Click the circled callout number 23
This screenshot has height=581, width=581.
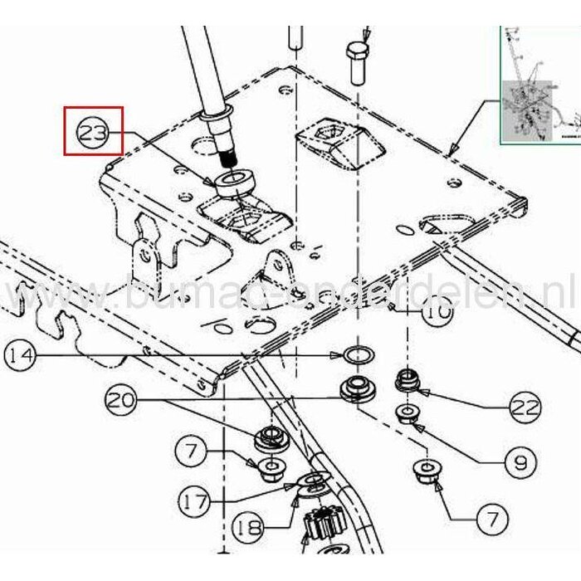[x=94, y=131]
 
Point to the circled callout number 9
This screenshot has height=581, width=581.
[x=520, y=459]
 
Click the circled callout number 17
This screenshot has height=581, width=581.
[x=196, y=500]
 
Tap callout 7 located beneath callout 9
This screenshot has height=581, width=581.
[x=494, y=521]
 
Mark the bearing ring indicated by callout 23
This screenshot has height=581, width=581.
[x=236, y=183]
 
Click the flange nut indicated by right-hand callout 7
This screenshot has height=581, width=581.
[x=428, y=476]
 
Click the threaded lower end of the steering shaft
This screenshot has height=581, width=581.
[x=228, y=154]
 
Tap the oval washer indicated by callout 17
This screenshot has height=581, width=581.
[x=312, y=482]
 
